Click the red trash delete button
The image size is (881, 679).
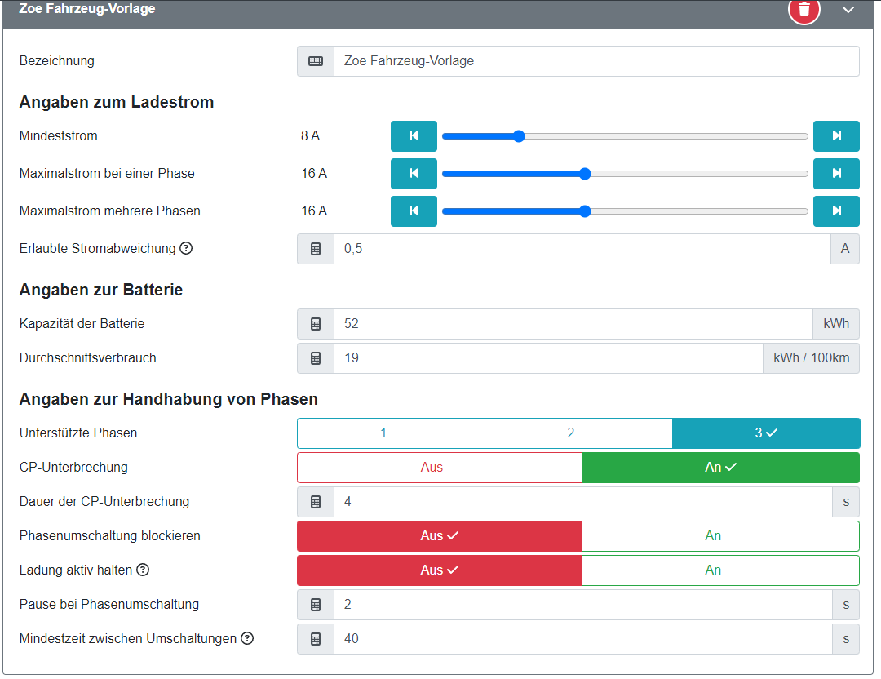pyautogui.click(x=804, y=9)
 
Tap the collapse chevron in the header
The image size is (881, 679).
pyautogui.click(x=848, y=10)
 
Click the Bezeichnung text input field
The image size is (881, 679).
pyautogui.click(x=595, y=61)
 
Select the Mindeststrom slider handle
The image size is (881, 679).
pyautogui.click(x=519, y=136)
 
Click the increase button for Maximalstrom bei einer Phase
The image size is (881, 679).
pyautogui.click(x=836, y=174)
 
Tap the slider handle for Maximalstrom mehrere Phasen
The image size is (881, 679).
pyautogui.click(x=585, y=211)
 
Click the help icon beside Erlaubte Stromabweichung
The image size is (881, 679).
pyautogui.click(x=186, y=248)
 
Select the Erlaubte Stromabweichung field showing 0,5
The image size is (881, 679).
pyautogui.click(x=582, y=249)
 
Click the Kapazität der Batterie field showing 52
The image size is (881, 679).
pyautogui.click(x=573, y=324)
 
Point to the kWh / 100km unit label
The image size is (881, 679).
pyautogui.click(x=811, y=358)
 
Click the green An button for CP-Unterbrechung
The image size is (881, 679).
pyautogui.click(x=720, y=468)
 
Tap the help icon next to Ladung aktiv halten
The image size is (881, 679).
pyautogui.click(x=143, y=570)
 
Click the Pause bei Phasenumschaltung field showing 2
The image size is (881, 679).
pyautogui.click(x=582, y=605)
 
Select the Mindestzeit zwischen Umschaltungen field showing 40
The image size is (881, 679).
pyautogui.click(x=582, y=639)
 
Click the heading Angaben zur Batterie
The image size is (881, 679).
pyautogui.click(x=101, y=290)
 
